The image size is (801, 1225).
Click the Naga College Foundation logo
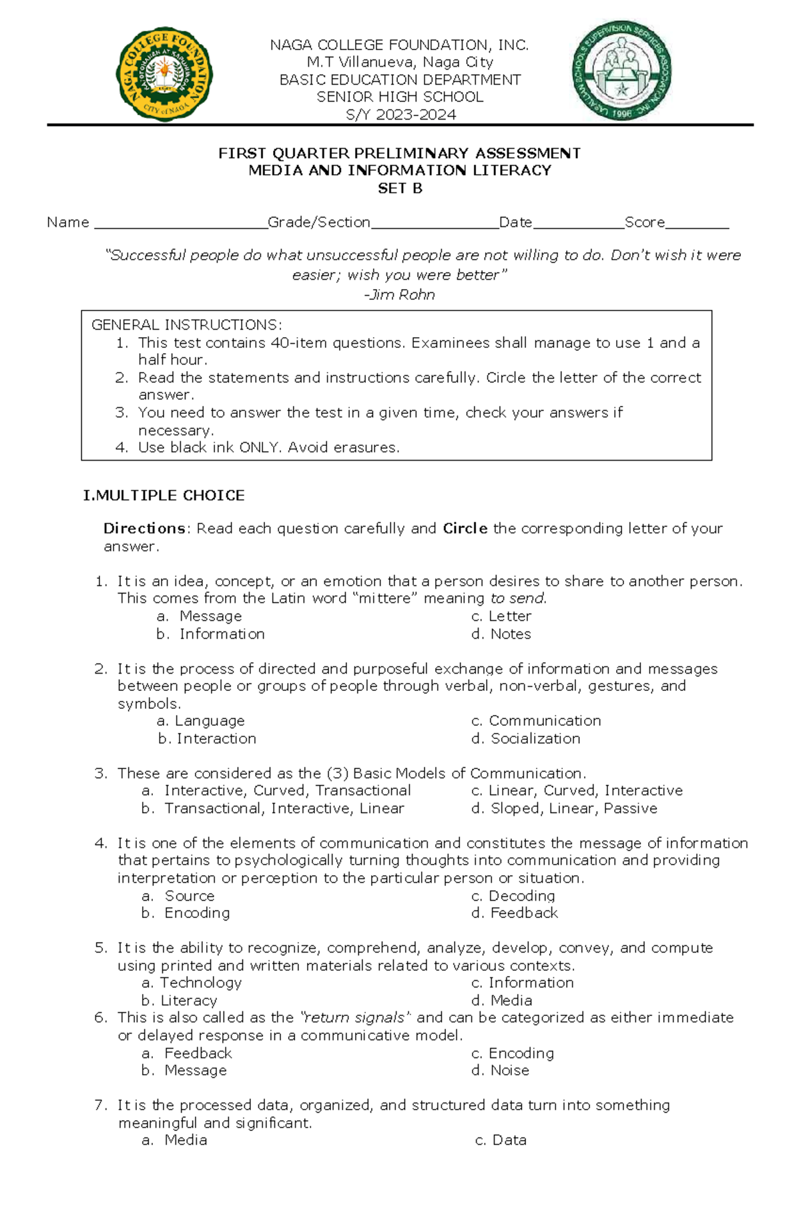click(164, 74)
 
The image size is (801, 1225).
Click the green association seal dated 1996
click(621, 70)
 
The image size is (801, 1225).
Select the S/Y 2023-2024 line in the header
click(400, 115)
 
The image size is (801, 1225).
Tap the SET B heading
click(400, 188)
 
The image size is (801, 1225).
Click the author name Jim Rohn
click(400, 294)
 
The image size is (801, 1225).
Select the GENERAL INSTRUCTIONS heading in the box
click(186, 325)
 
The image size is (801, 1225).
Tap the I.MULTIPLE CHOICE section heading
click(164, 495)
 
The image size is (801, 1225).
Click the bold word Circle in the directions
click(465, 528)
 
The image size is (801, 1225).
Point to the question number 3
click(101, 774)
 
